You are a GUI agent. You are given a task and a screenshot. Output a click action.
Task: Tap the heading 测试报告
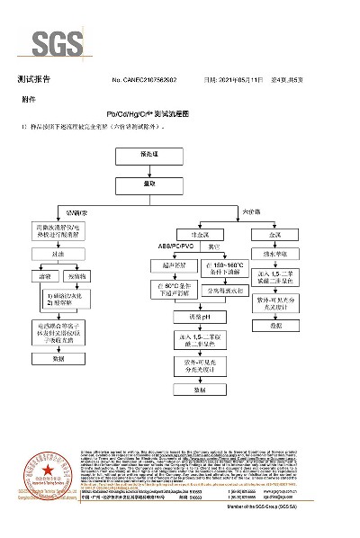34,80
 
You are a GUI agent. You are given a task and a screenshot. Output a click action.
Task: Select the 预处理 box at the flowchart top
149,155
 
